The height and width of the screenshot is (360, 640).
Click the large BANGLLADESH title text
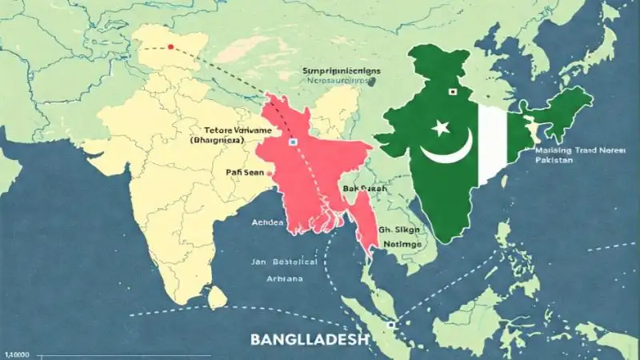(x=310, y=338)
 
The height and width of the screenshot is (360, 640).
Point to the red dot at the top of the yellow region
(x=170, y=49)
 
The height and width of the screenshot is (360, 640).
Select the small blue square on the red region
(x=293, y=141)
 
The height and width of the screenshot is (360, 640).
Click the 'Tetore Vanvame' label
(x=238, y=129)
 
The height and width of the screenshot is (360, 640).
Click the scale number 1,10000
(x=22, y=354)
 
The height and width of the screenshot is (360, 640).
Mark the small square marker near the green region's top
(x=452, y=92)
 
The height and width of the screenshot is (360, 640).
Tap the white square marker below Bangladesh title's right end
(x=390, y=326)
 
